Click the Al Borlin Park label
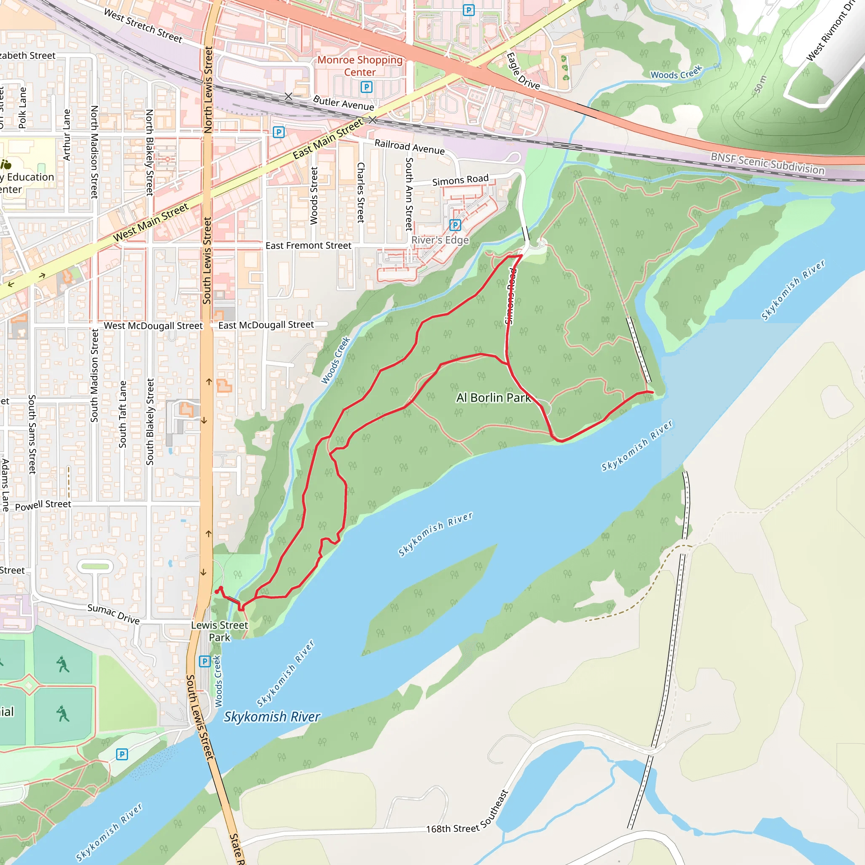pos(493,397)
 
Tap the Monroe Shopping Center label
pos(360,66)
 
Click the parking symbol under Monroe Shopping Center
pos(366,87)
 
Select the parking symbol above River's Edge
pos(455,225)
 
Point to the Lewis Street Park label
pos(219,631)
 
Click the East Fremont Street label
pos(308,245)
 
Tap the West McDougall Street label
pos(153,326)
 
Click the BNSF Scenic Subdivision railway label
pos(767,163)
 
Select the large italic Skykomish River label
pos(272,716)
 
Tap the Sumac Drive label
pos(113,614)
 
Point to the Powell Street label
pos(43,505)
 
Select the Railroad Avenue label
pos(409,147)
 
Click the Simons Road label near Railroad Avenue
pos(460,180)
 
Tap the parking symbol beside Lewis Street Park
pos(204,661)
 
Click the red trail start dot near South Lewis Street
pos(217,592)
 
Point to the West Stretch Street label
pos(143,26)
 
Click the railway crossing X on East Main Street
pos(372,120)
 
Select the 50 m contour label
pos(760,84)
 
